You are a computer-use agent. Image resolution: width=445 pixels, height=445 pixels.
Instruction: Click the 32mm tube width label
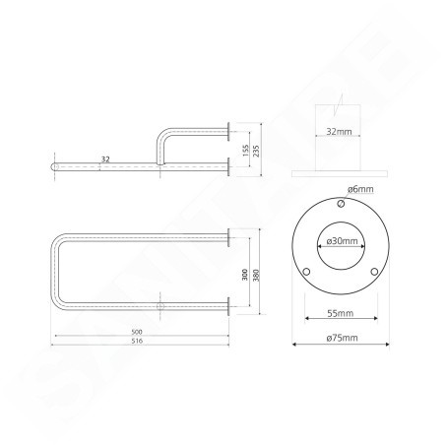pos(339,132)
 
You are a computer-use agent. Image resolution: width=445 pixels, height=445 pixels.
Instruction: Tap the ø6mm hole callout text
pos(360,189)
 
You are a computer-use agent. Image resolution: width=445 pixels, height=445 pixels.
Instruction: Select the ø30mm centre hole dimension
pos(342,241)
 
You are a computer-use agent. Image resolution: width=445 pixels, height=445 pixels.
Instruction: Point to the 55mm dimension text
pos(341,313)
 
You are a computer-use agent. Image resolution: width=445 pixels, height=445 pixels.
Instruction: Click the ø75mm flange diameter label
pos(342,338)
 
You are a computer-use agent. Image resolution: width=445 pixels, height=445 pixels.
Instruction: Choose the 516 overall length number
pos(137,341)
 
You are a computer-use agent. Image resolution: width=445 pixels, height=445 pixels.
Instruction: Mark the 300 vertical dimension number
pos(245,275)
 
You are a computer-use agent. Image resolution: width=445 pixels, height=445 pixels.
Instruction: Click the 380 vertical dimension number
pos(256,275)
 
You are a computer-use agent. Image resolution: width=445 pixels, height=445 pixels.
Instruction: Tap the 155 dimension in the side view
pos(246,151)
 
